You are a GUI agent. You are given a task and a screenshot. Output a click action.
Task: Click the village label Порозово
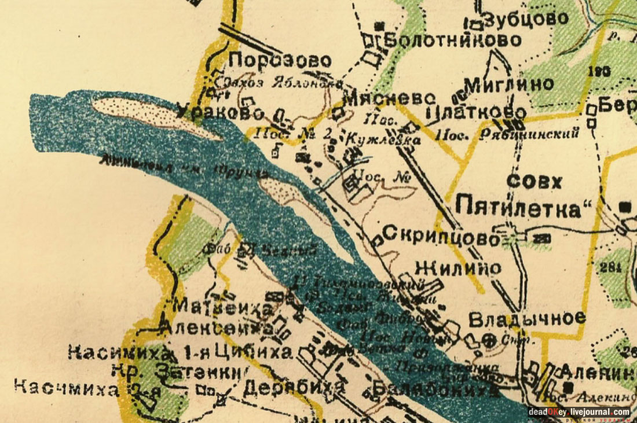tap(280, 61)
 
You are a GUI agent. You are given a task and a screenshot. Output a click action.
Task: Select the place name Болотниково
tap(453, 41)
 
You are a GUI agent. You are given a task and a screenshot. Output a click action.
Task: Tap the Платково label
tap(476, 112)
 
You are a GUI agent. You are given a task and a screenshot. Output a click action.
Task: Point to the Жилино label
tap(459, 268)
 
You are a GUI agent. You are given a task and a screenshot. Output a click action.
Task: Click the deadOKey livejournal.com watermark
tap(579, 412)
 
